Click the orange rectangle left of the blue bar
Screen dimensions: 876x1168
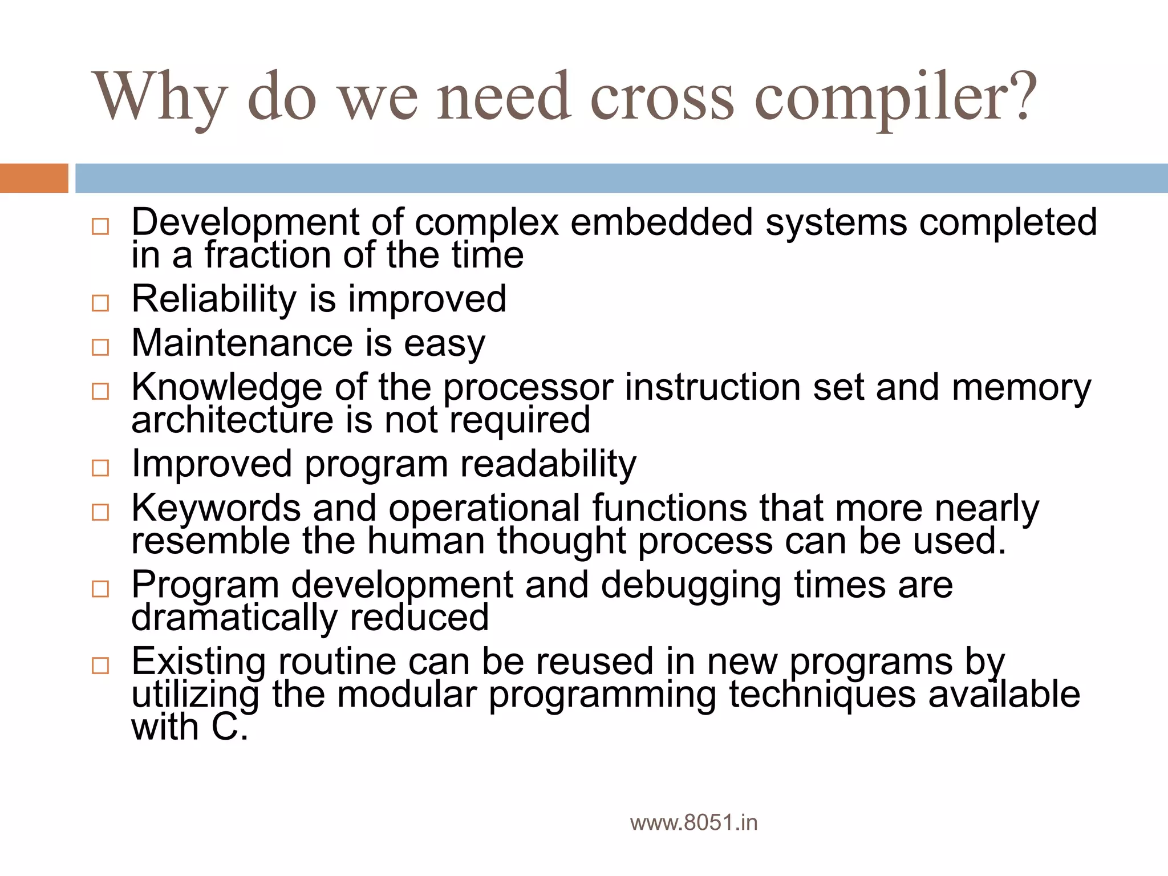coord(34,178)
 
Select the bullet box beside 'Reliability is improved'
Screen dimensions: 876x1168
coord(100,302)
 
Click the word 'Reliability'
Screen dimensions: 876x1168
coord(214,299)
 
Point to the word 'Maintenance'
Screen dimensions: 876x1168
coord(242,343)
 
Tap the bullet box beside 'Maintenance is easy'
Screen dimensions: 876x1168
coord(100,347)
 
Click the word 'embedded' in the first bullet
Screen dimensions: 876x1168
coord(661,222)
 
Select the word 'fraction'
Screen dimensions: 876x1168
coord(267,255)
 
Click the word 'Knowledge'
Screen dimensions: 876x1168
coord(227,387)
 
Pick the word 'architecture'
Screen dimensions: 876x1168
coord(232,420)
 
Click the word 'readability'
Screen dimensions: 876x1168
coord(548,464)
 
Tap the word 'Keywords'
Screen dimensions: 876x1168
coord(216,508)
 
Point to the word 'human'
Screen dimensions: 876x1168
coord(425,541)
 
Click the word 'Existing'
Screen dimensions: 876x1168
coord(198,662)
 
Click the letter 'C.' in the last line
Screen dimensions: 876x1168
coord(230,728)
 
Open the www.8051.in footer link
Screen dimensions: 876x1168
coord(693,823)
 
